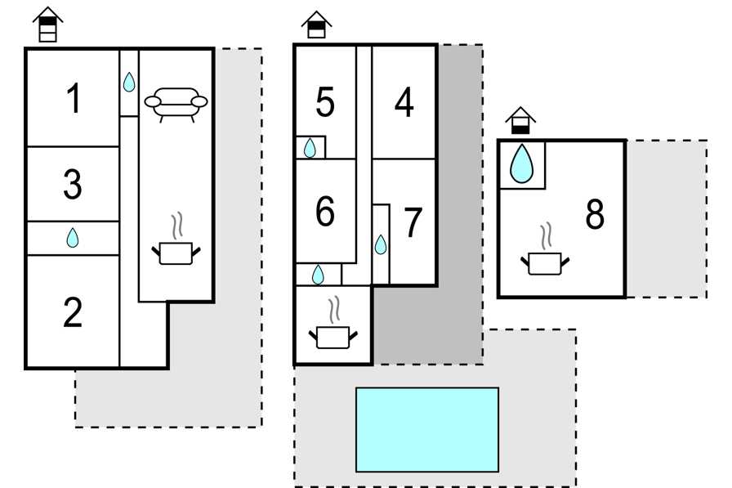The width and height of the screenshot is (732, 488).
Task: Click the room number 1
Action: (74, 98)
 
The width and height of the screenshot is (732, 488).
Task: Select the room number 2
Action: (73, 312)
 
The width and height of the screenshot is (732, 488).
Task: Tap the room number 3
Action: (73, 185)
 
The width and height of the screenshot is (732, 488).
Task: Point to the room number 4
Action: (404, 102)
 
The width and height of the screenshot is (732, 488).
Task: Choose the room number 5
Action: (325, 102)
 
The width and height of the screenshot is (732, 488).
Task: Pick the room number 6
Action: (325, 211)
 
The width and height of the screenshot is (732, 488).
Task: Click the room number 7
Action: (413, 222)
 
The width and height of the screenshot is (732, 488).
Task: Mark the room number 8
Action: (595, 214)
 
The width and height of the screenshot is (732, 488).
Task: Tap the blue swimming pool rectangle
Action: (427, 430)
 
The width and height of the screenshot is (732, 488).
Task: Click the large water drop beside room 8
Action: (521, 163)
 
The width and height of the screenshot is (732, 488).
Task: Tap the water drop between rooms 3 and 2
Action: (73, 238)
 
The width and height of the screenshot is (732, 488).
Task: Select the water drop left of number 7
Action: (381, 244)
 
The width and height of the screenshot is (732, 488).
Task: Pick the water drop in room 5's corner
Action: (310, 149)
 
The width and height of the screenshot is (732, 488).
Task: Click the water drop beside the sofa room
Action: (129, 82)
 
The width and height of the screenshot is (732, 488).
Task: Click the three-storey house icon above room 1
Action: (47, 25)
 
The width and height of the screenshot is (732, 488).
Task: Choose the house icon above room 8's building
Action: (520, 120)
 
